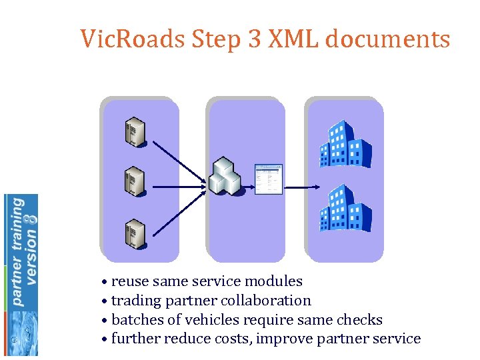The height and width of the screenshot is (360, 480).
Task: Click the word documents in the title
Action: coord(389,39)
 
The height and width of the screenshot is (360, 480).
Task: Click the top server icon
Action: coord(135,132)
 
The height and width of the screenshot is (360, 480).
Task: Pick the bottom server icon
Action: coord(135,233)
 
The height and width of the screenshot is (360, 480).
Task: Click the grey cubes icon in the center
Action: coord(225,175)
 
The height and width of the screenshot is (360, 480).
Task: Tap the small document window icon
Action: coord(269,179)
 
